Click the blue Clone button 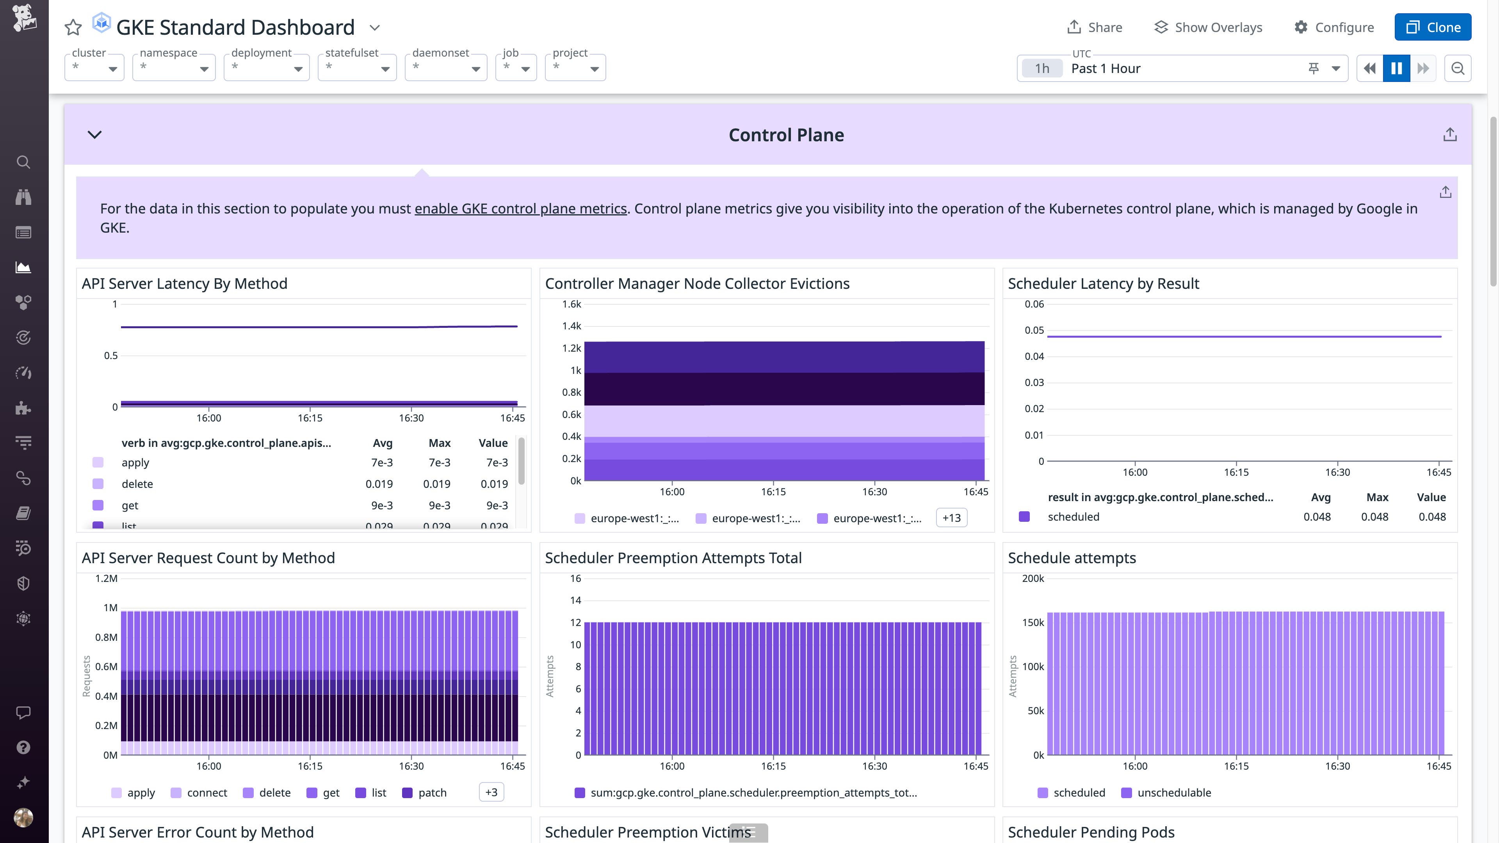click(1433, 27)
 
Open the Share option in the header click(1095, 27)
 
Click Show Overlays click(1208, 27)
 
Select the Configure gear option click(1334, 27)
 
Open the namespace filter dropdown click(173, 68)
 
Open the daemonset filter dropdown click(446, 68)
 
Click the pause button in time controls click(1396, 68)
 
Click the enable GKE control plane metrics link click(520, 208)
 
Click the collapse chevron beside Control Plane click(94, 134)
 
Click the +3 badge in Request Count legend click(491, 792)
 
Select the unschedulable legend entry click(1173, 792)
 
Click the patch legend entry click(432, 792)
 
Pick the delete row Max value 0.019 click(436, 484)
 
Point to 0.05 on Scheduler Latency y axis click(1034, 330)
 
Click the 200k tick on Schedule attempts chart click(1033, 578)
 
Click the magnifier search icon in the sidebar click(23, 162)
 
